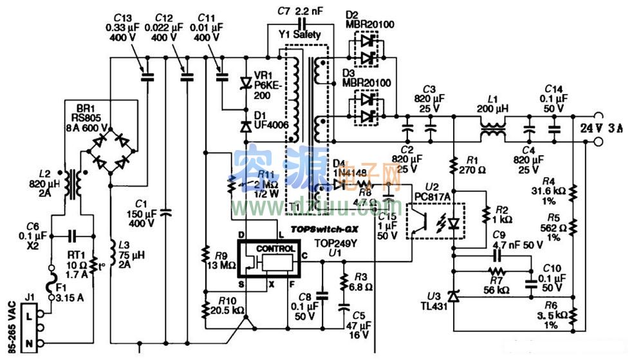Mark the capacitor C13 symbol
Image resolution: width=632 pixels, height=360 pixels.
point(147,77)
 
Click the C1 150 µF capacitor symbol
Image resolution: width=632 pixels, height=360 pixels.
point(166,211)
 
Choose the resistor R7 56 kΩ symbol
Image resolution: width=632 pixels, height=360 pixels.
point(495,271)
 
